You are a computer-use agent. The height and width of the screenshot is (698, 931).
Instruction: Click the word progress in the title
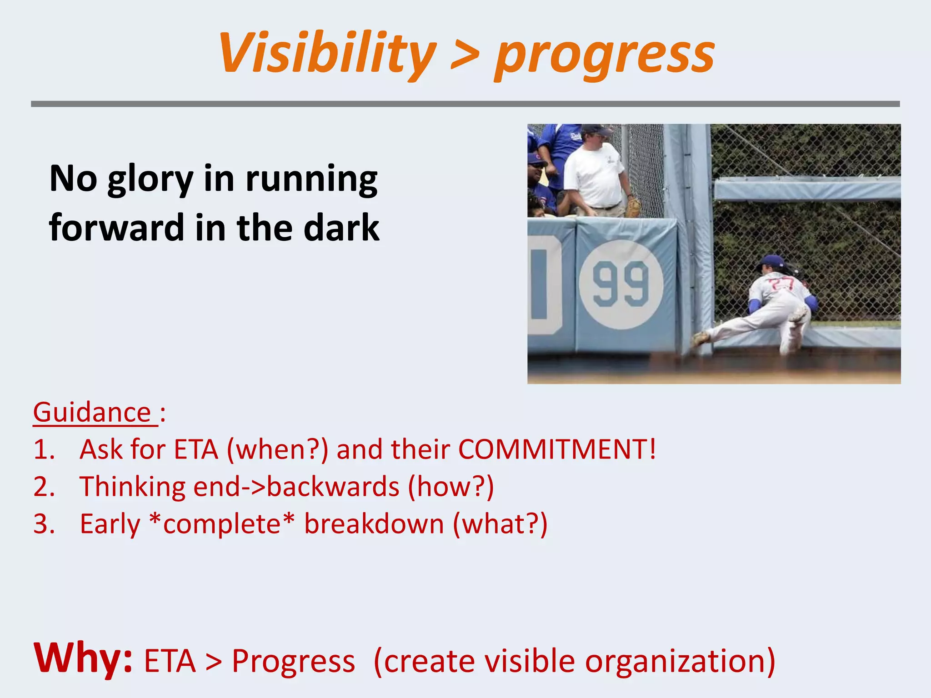click(x=605, y=55)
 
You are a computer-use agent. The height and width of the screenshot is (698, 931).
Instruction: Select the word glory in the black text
click(x=150, y=179)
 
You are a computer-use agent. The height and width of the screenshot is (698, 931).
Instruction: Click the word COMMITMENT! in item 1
click(x=557, y=449)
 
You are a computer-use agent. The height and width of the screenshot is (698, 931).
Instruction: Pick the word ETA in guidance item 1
click(x=196, y=449)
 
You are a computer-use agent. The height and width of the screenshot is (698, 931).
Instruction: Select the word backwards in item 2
click(x=333, y=487)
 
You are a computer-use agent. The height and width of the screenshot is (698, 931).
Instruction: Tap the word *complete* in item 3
click(x=222, y=524)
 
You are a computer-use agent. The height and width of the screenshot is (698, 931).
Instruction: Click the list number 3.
click(x=44, y=524)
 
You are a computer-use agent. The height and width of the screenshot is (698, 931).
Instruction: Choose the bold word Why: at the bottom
click(x=83, y=659)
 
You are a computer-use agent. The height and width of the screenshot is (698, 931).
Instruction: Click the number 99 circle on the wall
click(x=621, y=285)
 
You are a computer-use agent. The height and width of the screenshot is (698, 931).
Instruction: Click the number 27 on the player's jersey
click(x=781, y=284)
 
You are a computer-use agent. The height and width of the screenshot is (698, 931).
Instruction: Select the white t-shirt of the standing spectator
click(x=594, y=175)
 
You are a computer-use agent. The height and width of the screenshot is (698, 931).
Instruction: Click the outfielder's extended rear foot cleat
click(x=700, y=338)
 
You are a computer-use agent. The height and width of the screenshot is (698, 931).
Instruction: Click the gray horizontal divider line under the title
click(x=465, y=104)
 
